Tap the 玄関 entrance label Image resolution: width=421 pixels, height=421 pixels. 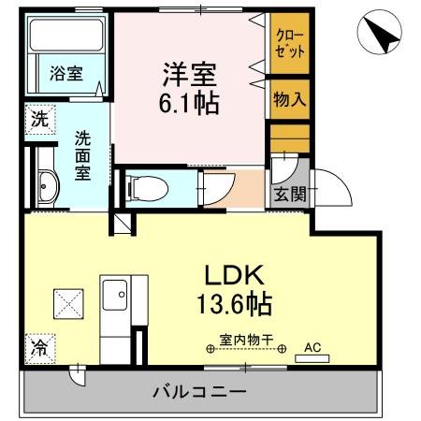coord(288,195)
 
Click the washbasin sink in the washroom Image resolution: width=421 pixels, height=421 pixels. coord(46,187)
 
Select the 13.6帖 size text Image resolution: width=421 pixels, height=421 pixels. coord(234,304)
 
